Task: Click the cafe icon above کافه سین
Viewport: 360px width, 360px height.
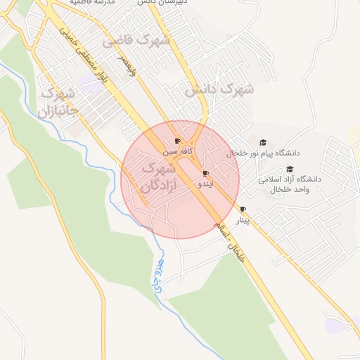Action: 177,141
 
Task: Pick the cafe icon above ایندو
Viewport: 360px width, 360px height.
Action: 205,173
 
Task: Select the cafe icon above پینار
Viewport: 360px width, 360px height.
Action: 243,210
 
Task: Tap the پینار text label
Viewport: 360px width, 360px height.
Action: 242,220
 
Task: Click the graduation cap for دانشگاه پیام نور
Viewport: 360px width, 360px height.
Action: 263,143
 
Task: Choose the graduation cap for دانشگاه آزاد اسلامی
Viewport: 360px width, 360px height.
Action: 290,169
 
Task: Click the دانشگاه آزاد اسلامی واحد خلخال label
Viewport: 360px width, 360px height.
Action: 289,184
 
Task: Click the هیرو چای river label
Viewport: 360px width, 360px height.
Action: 156,275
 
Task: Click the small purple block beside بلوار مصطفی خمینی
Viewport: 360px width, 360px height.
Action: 90,84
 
